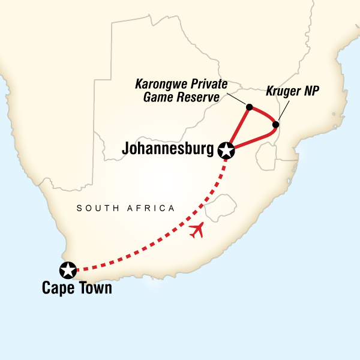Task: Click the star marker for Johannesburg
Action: (226, 151)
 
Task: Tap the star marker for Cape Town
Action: (68, 271)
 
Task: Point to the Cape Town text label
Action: (76, 289)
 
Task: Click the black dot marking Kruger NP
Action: (275, 125)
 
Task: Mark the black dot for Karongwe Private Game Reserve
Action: (248, 108)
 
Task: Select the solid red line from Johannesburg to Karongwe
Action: (238, 129)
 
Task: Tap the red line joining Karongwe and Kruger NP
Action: (264, 114)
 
